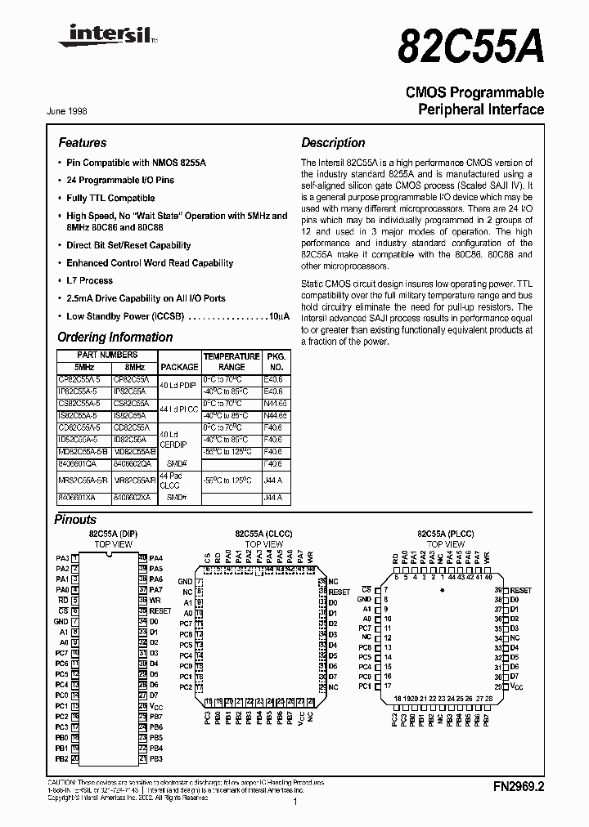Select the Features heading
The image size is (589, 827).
82,142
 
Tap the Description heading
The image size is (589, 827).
333,142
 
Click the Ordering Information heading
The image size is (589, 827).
115,337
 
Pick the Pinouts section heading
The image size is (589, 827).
75,519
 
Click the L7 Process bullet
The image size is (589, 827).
90,280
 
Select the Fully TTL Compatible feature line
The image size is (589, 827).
110,198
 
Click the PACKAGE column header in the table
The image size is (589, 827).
179,367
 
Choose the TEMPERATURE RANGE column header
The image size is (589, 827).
232,362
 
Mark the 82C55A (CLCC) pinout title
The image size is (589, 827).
263,533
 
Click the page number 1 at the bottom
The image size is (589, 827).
294,803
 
